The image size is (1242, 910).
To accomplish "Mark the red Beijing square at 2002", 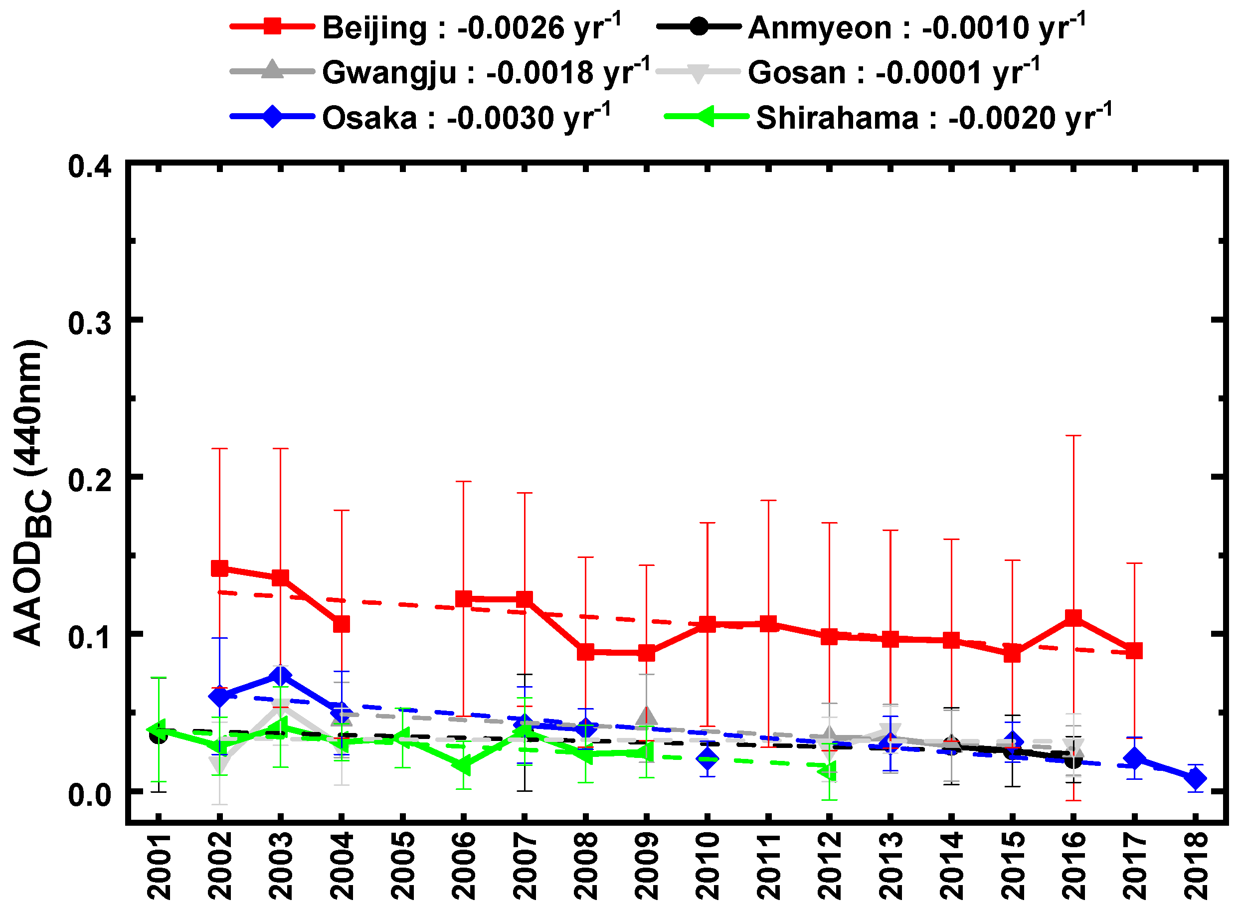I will (220, 568).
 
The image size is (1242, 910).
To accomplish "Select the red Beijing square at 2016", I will (1073, 617).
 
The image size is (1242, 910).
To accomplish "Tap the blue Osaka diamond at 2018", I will (1195, 778).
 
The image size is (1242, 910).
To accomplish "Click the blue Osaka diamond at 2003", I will (280, 675).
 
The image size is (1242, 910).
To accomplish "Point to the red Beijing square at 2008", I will (585, 652).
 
